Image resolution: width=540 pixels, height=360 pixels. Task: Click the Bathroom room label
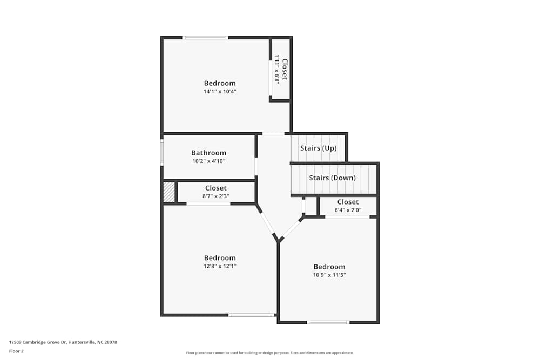click(x=208, y=153)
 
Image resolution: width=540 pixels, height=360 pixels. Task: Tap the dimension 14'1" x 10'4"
click(x=220, y=92)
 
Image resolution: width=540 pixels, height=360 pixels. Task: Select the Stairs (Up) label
click(x=319, y=148)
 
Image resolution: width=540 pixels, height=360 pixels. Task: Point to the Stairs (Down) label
click(x=332, y=178)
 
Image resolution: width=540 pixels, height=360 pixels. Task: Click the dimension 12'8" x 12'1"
click(x=220, y=266)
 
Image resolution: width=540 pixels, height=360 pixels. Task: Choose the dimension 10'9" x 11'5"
click(x=329, y=275)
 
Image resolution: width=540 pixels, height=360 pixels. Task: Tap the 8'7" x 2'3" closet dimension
click(x=215, y=196)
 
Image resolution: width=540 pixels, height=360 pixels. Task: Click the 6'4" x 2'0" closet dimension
click(x=348, y=210)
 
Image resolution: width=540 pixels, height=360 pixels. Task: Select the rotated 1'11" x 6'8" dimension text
click(x=277, y=69)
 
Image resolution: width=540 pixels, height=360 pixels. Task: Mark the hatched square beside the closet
click(x=169, y=192)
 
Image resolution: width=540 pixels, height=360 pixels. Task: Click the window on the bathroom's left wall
click(x=161, y=152)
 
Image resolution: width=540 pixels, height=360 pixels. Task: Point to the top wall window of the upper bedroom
click(x=205, y=37)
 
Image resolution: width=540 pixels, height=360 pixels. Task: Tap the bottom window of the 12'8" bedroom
click(x=251, y=315)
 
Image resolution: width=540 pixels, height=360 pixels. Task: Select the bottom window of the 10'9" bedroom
click(x=328, y=322)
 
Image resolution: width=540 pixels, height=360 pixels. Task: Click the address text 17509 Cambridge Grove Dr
click(x=63, y=342)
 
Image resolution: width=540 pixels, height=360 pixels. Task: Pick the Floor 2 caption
click(x=16, y=351)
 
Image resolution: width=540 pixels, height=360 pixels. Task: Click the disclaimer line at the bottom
click(x=269, y=353)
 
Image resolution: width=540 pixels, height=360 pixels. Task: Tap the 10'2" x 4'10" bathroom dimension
click(x=208, y=161)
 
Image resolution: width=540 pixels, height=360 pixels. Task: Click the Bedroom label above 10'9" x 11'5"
click(x=329, y=267)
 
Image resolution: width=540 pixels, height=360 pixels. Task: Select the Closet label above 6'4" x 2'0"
click(x=348, y=202)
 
